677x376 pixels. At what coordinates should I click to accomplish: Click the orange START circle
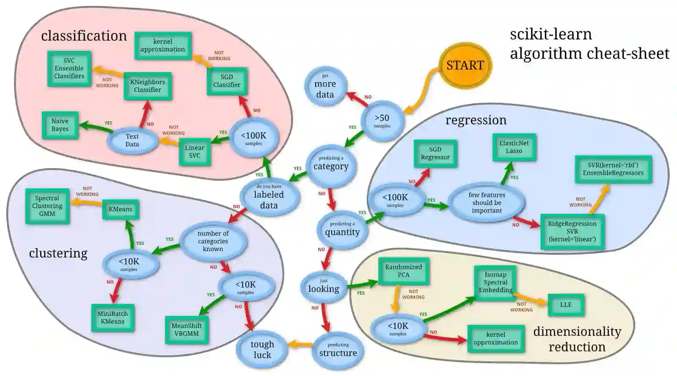(x=465, y=65)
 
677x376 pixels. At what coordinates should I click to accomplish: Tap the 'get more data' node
(x=325, y=86)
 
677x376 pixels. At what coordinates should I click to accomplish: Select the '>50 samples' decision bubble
(x=382, y=121)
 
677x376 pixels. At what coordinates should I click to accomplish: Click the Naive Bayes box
(x=60, y=125)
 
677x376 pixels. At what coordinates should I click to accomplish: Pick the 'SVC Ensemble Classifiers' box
(x=69, y=69)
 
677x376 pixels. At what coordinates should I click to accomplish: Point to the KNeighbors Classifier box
(x=147, y=86)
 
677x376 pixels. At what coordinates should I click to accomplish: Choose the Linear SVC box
(x=195, y=152)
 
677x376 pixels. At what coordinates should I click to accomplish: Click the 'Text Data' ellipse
(x=132, y=140)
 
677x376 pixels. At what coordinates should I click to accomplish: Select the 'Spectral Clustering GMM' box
(x=47, y=206)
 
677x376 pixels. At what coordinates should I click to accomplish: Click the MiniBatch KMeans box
(x=113, y=318)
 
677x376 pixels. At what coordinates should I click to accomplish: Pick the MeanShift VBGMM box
(x=186, y=329)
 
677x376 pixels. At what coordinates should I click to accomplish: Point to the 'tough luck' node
(x=262, y=349)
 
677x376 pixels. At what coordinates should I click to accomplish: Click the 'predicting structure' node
(x=338, y=351)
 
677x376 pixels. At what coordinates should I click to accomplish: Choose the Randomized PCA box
(x=403, y=271)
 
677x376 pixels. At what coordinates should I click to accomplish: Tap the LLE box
(x=566, y=305)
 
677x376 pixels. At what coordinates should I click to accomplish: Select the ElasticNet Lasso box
(x=514, y=147)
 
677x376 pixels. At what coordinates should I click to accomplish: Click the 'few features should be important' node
(x=487, y=203)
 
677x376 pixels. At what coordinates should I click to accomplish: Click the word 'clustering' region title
(x=58, y=253)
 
